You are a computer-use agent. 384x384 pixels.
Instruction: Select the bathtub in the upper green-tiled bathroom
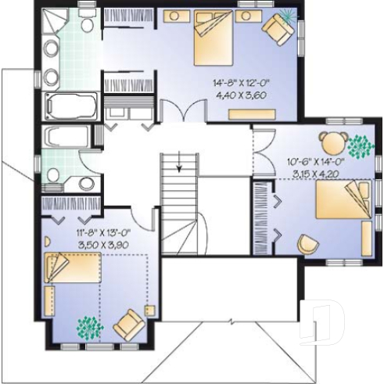[70, 105]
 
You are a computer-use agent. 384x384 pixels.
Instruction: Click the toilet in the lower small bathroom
[85, 183]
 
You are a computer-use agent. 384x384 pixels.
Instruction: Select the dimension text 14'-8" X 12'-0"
[236, 81]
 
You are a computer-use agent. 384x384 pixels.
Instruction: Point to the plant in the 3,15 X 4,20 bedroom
[361, 145]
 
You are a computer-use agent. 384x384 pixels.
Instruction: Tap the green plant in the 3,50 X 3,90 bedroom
[87, 325]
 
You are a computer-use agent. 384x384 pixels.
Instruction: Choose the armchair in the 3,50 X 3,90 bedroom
[129, 322]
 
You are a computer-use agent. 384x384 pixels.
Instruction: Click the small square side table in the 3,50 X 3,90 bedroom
[149, 310]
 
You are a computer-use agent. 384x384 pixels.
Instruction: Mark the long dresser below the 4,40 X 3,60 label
[254, 114]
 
